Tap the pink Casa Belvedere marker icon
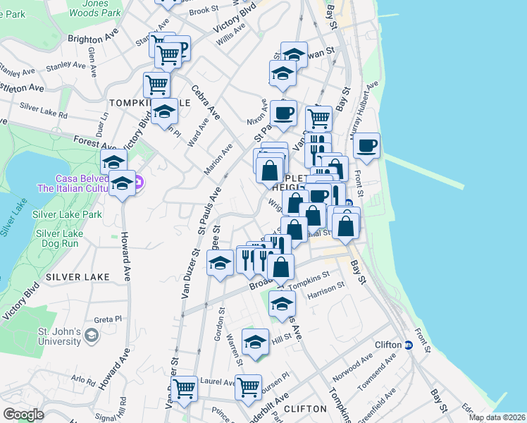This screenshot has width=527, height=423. coord(138,183)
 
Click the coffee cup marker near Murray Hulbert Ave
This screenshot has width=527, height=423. coord(366,147)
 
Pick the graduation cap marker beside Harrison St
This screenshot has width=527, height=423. coord(282,304)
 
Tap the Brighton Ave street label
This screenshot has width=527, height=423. coord(92,39)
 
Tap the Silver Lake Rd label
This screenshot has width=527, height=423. coord(44,109)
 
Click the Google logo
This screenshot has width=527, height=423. coord(23,415)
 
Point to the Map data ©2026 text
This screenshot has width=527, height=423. coord(497,417)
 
